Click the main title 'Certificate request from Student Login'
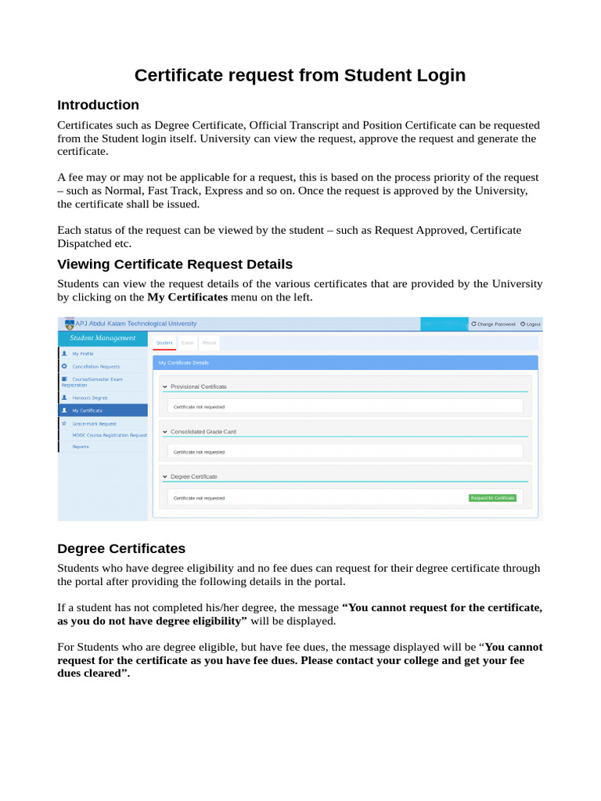tap(300, 75)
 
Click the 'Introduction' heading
tap(99, 105)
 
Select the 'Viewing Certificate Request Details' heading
tap(175, 264)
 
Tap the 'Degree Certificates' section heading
tap(121, 548)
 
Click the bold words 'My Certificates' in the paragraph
tap(187, 297)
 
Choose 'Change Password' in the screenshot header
tap(495, 324)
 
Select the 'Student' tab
tap(164, 343)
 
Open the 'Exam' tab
tap(188, 343)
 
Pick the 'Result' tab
tap(209, 343)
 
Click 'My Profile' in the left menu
tap(83, 354)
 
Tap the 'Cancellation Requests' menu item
tap(96, 366)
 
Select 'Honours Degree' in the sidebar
tap(90, 397)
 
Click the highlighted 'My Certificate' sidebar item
tap(87, 410)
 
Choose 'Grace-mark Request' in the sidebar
tap(94, 423)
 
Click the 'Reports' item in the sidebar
tap(81, 447)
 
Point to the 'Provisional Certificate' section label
tap(199, 386)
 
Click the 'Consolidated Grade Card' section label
tap(203, 432)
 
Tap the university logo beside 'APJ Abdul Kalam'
tap(69, 323)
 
